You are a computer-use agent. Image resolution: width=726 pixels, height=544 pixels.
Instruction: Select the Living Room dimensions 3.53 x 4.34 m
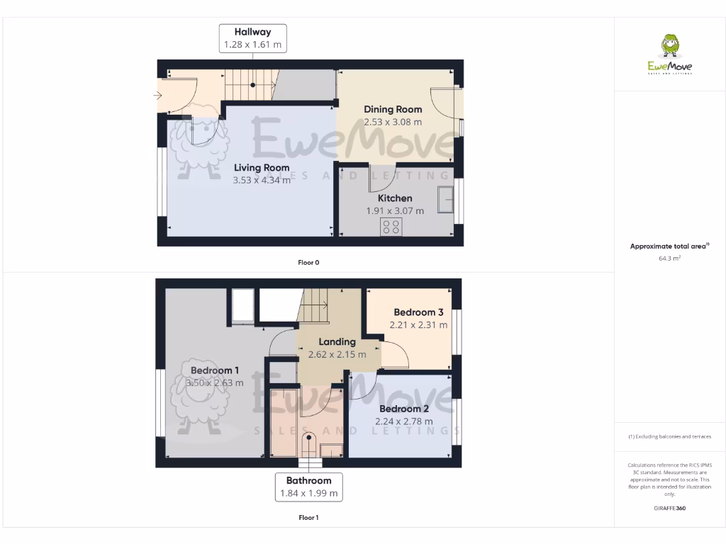pyautogui.click(x=262, y=180)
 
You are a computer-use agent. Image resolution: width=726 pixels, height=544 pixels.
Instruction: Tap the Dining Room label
pyautogui.click(x=393, y=109)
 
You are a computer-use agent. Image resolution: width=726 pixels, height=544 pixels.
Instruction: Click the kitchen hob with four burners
pyautogui.click(x=391, y=227)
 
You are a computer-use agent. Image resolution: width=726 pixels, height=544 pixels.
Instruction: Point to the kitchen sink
pyautogui.click(x=447, y=199)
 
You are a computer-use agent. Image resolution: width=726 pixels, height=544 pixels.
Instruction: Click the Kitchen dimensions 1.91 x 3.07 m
pyautogui.click(x=395, y=210)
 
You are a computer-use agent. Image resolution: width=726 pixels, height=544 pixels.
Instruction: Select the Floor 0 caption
pyautogui.click(x=308, y=262)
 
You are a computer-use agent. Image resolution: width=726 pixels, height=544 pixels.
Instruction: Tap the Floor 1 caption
pyautogui.click(x=308, y=518)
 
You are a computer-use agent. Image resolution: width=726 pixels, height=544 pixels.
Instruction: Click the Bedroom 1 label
pyautogui.click(x=214, y=370)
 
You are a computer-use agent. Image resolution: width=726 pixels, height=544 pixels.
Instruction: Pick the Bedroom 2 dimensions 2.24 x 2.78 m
pyautogui.click(x=404, y=421)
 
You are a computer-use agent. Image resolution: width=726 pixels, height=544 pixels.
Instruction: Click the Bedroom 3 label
pyautogui.click(x=418, y=312)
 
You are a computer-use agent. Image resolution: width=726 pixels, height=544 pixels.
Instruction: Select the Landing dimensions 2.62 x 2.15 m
pyautogui.click(x=337, y=354)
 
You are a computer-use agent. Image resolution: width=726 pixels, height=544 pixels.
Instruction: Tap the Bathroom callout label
pyautogui.click(x=308, y=481)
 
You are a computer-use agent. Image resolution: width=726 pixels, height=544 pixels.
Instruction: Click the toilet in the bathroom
pyautogui.click(x=309, y=443)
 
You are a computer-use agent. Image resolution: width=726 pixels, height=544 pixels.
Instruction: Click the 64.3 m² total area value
pyautogui.click(x=670, y=259)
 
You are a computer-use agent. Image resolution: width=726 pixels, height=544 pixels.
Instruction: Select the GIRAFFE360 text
pyautogui.click(x=670, y=508)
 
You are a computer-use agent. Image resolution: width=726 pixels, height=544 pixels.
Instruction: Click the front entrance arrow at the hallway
pyautogui.click(x=158, y=95)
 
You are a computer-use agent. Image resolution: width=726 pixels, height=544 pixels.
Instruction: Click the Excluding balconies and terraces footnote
pyautogui.click(x=670, y=436)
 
